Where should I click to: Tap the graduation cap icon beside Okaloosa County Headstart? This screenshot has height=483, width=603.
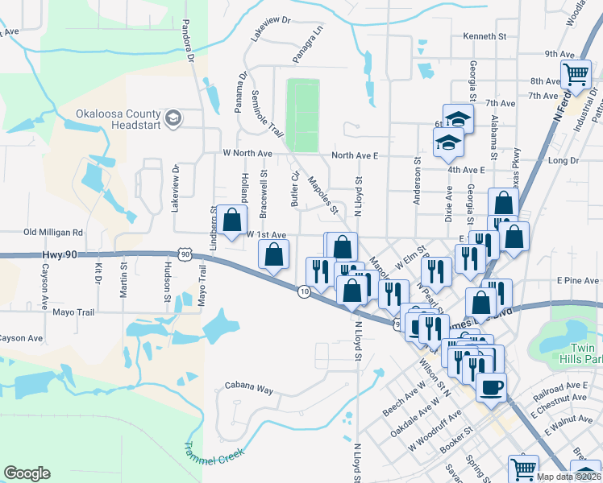tap(173, 119)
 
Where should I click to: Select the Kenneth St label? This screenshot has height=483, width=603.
tap(484, 37)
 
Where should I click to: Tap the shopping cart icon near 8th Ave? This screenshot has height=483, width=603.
tap(576, 75)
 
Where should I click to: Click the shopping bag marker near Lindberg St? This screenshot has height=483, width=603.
tap(232, 220)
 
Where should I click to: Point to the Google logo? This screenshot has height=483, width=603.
tap(27, 473)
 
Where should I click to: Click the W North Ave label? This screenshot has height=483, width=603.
tap(247, 153)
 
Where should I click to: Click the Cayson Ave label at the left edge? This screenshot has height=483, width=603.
tap(21, 338)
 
